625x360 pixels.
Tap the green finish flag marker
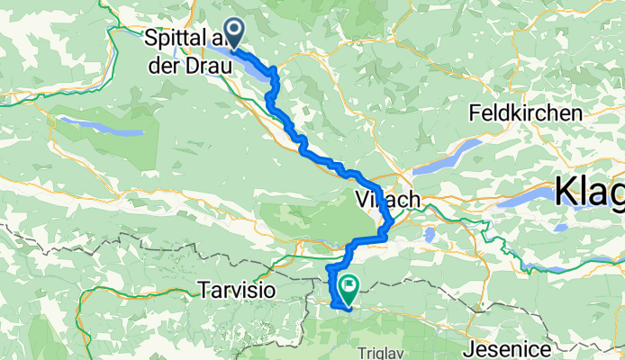click(x=348, y=288)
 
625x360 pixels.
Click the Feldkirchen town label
click(x=524, y=114)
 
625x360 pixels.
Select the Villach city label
click(x=389, y=201)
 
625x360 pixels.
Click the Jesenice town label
click(x=506, y=346)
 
